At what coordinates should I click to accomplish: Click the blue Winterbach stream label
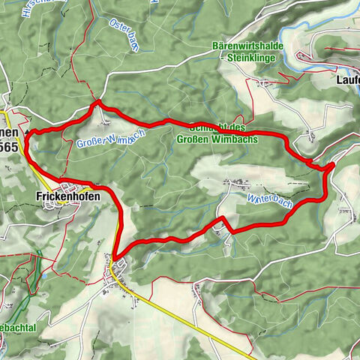click(268, 200)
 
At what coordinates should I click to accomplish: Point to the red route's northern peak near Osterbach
click(97, 103)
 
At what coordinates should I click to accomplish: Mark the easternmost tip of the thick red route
click(332, 165)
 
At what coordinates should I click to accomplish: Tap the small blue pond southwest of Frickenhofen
click(44, 274)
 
